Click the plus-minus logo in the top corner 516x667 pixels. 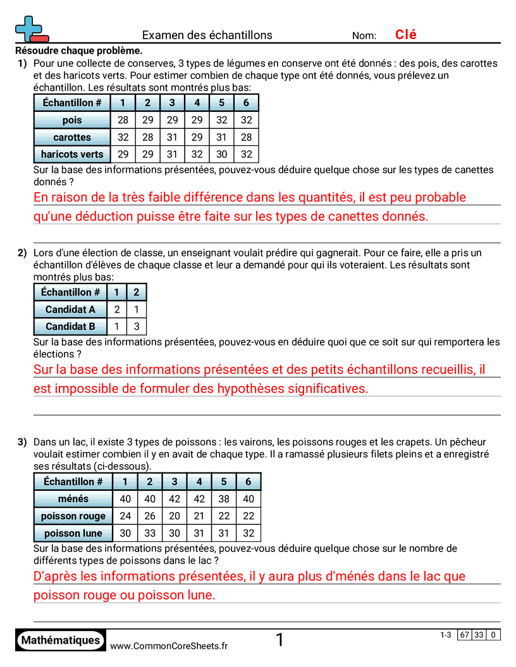tap(30, 29)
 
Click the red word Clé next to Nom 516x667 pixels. tap(405, 35)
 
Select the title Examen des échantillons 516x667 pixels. tap(207, 35)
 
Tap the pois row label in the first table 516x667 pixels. tap(72, 120)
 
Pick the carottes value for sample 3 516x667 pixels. tap(172, 137)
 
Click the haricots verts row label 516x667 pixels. tap(72, 154)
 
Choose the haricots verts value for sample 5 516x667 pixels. tap(221, 154)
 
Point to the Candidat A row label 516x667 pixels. tap(70, 309)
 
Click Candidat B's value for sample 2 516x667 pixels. tap(137, 327)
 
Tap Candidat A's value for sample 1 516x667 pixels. tap(117, 309)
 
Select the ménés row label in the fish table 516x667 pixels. tap(73, 499)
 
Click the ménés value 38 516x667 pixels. tap(224, 499)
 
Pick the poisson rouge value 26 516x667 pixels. tap(150, 516)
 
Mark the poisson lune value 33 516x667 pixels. tap(150, 533)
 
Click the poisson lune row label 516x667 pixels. tap(73, 533)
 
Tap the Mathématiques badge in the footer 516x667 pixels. tap(61, 640)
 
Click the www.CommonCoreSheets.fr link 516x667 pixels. tap(169, 646)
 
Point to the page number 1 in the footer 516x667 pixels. tap(279, 640)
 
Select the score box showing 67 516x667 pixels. tap(465, 635)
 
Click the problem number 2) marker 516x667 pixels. tap(22, 253)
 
